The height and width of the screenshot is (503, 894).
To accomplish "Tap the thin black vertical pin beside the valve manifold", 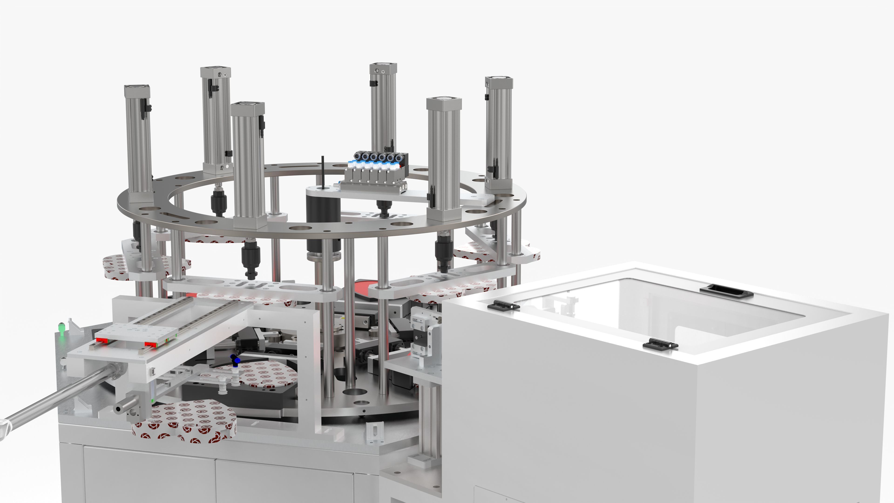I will [323, 172].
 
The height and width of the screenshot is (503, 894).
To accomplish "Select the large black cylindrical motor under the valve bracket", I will [323, 222].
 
